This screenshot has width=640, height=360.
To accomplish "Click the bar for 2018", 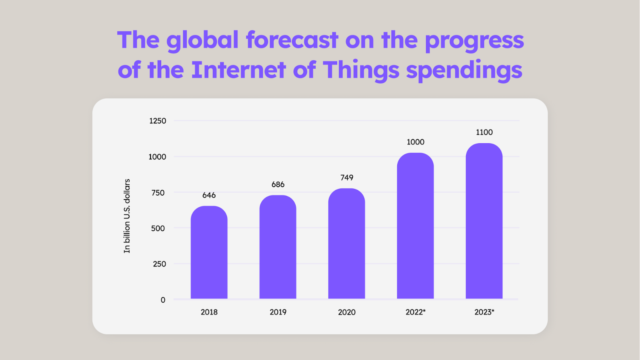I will click(209, 252).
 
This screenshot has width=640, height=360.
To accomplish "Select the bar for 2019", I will click(278, 247).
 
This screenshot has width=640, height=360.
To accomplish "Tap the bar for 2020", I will click(346, 244).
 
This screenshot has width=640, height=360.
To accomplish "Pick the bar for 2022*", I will click(415, 226).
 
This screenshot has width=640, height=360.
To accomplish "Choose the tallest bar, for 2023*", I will click(484, 221).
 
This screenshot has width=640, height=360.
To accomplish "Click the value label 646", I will click(209, 195).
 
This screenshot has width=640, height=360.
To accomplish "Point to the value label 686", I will click(278, 184).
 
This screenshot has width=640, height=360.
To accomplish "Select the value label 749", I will click(346, 178).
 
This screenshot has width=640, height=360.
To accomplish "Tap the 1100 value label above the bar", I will click(484, 132).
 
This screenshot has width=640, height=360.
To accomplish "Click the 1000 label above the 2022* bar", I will click(415, 142).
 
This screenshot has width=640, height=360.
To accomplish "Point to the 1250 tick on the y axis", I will click(158, 121).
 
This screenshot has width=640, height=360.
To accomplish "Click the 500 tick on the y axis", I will click(158, 228).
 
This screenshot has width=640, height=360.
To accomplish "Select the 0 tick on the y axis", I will click(163, 300).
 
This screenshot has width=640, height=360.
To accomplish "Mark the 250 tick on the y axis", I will click(159, 264).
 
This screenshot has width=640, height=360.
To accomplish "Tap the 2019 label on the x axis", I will click(278, 312).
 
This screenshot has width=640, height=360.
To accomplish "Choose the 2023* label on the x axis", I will click(484, 312).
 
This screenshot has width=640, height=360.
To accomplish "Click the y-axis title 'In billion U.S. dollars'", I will click(127, 216).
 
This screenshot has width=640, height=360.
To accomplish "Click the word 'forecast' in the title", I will click(292, 40).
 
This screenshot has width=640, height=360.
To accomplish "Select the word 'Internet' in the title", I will click(238, 70).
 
